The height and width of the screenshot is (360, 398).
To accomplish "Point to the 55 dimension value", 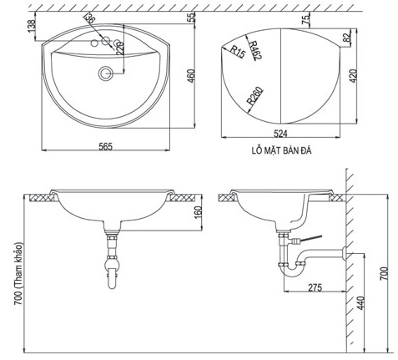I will pos(191,16).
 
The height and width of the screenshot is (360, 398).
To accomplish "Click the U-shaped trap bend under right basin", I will pos(293,269).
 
